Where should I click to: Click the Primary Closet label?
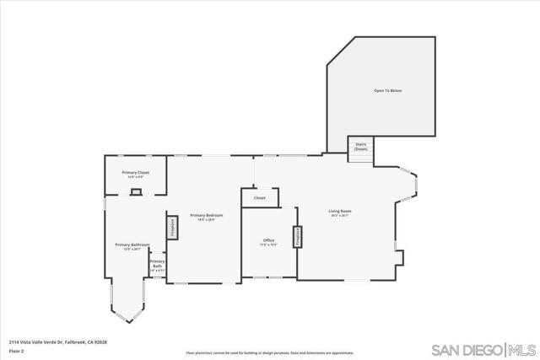tap(135, 172)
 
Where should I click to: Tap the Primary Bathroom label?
tap(132, 244)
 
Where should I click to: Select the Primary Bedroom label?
tap(207, 215)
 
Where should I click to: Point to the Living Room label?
tap(340, 211)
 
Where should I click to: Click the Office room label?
tap(268, 240)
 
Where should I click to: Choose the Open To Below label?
tap(387, 90)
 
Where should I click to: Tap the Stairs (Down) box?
tap(360, 147)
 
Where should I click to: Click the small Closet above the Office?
tap(259, 198)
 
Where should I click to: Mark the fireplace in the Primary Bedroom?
tap(171, 226)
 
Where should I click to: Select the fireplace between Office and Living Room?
tap(297, 237)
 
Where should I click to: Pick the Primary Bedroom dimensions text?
tap(207, 220)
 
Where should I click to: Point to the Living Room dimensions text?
tap(340, 216)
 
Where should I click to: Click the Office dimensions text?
tap(268, 245)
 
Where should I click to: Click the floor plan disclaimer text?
tap(270, 352)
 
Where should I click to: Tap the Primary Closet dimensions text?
tap(135, 177)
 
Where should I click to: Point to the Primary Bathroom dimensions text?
tap(132, 250)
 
